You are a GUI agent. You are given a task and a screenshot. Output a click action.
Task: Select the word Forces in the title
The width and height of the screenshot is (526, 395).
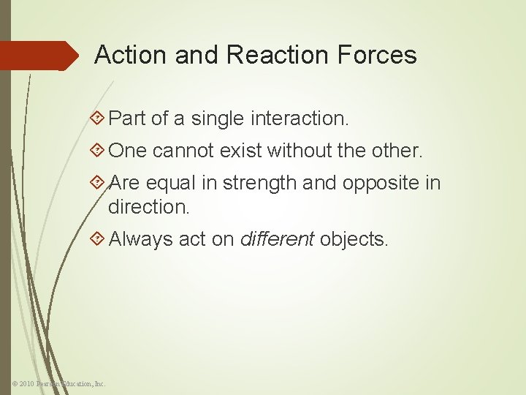pos(380,56)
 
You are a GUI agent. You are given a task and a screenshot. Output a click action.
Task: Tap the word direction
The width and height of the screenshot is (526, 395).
pos(148,206)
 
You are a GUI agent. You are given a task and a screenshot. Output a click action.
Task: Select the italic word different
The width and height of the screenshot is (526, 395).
pos(277,238)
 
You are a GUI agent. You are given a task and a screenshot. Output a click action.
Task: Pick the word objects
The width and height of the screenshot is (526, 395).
pos(354,238)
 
